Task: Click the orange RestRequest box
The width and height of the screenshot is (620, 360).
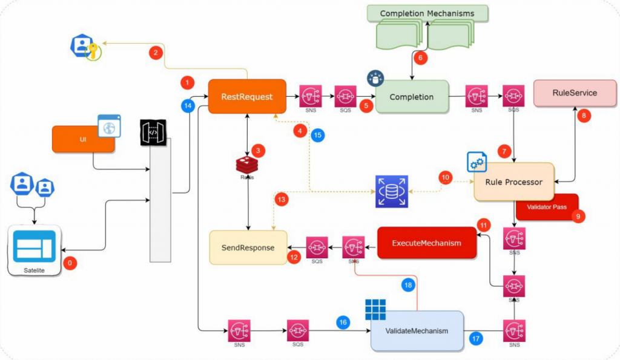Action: coord(247,96)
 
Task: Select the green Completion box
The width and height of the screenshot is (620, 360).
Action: coord(412,97)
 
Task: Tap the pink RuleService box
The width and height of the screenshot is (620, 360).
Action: coord(575,93)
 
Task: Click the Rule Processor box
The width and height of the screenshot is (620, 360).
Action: coord(514,182)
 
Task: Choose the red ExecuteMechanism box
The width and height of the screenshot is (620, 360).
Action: coord(426,243)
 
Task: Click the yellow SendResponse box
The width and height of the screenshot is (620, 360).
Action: coord(248,247)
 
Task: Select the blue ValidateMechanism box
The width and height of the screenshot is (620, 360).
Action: coord(417,331)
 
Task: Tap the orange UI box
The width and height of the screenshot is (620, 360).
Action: coord(83,139)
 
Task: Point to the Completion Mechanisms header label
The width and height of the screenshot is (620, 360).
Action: coord(427,13)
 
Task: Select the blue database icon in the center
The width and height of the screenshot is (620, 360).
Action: coord(392,191)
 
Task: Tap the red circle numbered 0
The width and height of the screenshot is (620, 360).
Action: coord(71,263)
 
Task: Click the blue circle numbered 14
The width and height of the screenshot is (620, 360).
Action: coord(188,106)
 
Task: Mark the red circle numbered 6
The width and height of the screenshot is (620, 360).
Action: coord(420,58)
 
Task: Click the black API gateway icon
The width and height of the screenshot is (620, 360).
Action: coord(151,130)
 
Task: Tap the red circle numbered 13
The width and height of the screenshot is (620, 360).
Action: coord(281,198)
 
